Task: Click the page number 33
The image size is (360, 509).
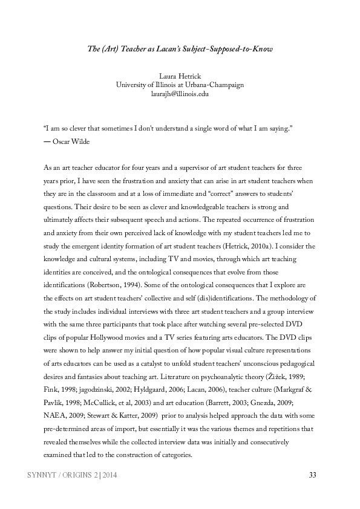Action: (312, 475)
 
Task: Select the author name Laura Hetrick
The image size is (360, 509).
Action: (180, 77)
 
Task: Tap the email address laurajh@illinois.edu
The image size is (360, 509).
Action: (180, 94)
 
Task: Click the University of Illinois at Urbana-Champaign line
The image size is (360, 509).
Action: (180, 85)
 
